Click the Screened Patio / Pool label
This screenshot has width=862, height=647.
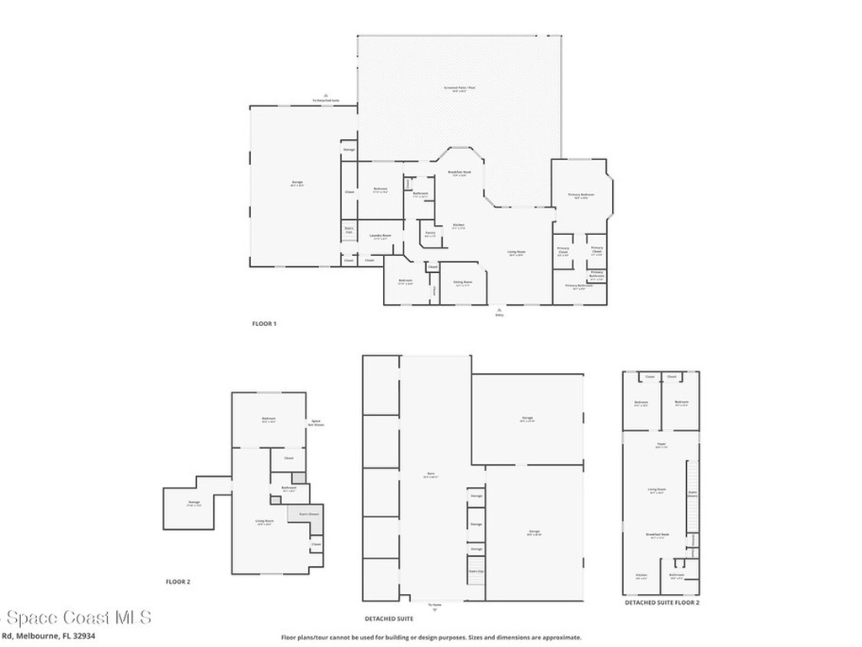tap(460, 88)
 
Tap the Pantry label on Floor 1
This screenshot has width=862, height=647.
tap(430, 234)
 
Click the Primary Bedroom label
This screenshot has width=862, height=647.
tap(581, 195)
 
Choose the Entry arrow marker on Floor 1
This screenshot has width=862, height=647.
tap(499, 312)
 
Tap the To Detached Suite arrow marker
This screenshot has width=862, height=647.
tap(326, 99)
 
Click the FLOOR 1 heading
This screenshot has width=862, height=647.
tap(264, 323)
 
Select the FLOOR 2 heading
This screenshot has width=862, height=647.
tap(178, 581)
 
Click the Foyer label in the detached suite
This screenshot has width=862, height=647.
tap(661, 446)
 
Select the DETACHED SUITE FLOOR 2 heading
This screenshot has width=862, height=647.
tap(662, 602)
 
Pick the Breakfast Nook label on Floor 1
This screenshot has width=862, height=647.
tap(460, 174)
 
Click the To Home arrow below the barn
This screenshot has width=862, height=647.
tap(434, 602)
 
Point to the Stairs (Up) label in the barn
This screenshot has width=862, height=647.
tap(476, 571)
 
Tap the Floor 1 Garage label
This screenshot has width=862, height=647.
tap(297, 184)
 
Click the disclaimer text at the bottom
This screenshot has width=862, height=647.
tap(431, 637)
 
